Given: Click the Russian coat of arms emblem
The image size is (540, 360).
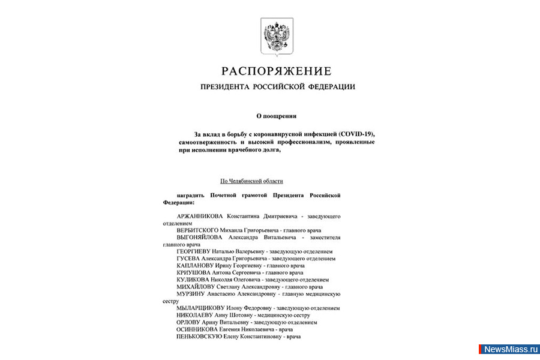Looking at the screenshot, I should tap(277, 37).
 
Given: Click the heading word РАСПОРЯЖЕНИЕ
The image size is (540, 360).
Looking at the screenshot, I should tap(277, 71).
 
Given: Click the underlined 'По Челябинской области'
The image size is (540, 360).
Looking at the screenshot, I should tap(251, 181).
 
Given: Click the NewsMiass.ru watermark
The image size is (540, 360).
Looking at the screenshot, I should tap(509, 349).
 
